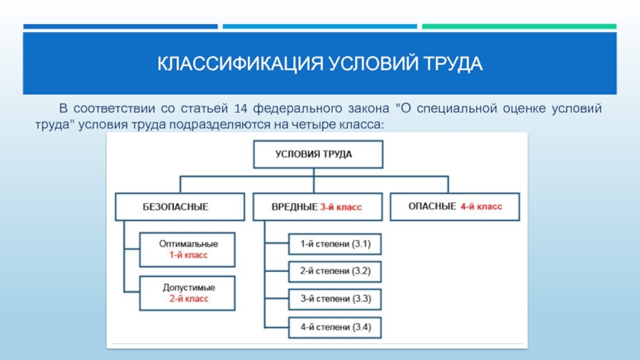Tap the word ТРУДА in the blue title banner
pos(453,64)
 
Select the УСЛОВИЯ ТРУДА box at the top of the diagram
pos(318,154)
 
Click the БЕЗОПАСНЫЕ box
pos(180,207)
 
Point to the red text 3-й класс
pos(341,207)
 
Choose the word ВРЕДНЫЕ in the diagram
pos(294,207)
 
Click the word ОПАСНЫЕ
pos(432,206)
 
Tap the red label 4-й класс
pos(482,206)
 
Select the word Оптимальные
pos(189,244)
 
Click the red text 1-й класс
pos(189,255)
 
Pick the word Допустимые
pos(189,288)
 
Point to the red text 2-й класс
pos(189,298)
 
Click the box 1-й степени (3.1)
pos(335,244)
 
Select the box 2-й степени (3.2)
pos(335,271)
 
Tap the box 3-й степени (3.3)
pos(335,299)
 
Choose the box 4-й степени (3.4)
pos(335,327)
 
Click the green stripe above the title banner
pos(519,26)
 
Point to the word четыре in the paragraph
pos(314,125)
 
